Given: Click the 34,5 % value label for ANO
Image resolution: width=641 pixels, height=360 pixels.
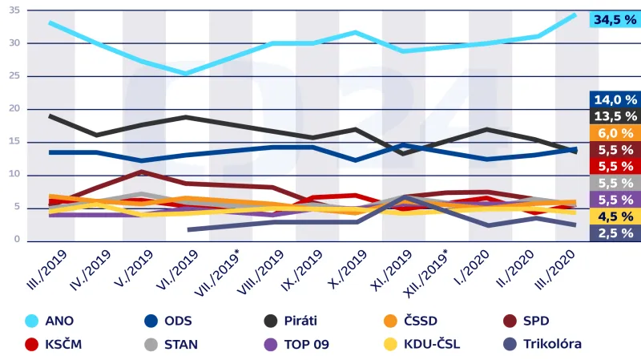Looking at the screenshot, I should pyautogui.click(x=615, y=18).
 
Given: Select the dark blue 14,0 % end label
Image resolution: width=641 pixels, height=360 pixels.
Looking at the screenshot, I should pyautogui.click(x=615, y=99).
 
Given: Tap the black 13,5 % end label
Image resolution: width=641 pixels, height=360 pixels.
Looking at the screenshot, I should pyautogui.click(x=615, y=116).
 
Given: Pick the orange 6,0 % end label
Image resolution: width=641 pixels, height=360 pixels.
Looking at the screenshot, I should pyautogui.click(x=615, y=133).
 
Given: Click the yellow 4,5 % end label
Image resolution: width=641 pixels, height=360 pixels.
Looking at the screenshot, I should pyautogui.click(x=615, y=216).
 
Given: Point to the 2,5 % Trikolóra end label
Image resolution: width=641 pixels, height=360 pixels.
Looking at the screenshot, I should pyautogui.click(x=615, y=233).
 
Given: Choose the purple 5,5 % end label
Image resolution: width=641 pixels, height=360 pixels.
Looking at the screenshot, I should pyautogui.click(x=615, y=200).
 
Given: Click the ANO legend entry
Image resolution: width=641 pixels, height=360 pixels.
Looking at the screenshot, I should pyautogui.click(x=56, y=322).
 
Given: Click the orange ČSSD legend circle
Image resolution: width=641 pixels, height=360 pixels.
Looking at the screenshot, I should pyautogui.click(x=392, y=322).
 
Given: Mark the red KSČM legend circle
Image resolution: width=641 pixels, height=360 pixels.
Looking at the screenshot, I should pyautogui.click(x=33, y=344).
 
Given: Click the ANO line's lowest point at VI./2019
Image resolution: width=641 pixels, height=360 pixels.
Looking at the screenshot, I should pyautogui.click(x=186, y=74).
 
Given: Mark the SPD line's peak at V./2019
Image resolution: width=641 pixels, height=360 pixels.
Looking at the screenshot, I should pyautogui.click(x=141, y=172).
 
